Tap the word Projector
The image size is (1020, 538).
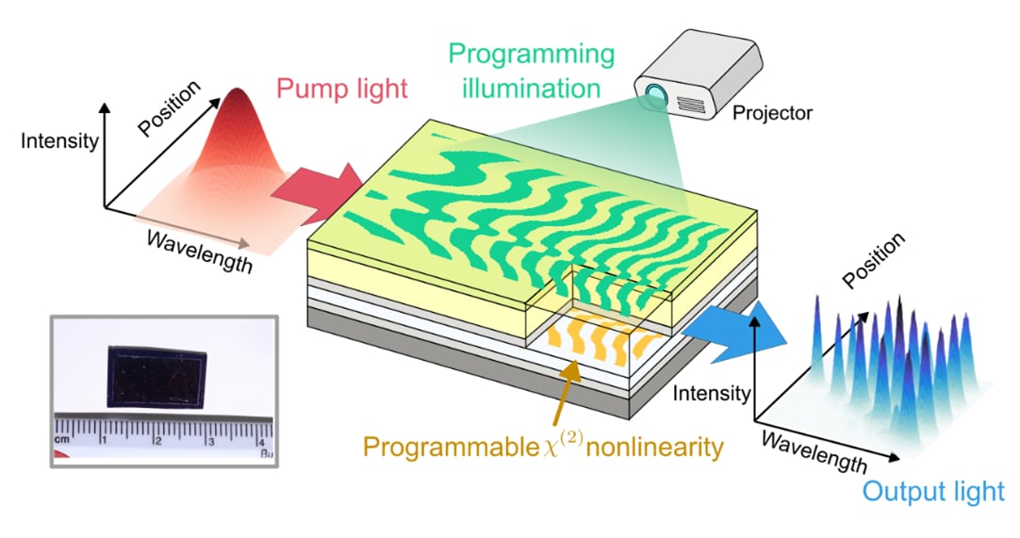pyautogui.click(x=772, y=113)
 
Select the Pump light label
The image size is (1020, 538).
pyautogui.click(x=340, y=90)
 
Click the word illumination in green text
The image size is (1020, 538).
pyautogui.click(x=525, y=89)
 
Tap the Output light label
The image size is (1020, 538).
pyautogui.click(x=933, y=491)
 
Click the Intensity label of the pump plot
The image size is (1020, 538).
pyautogui.click(x=58, y=141)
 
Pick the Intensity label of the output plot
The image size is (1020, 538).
pyautogui.click(x=711, y=392)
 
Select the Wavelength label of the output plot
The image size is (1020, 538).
pyautogui.click(x=814, y=451)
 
